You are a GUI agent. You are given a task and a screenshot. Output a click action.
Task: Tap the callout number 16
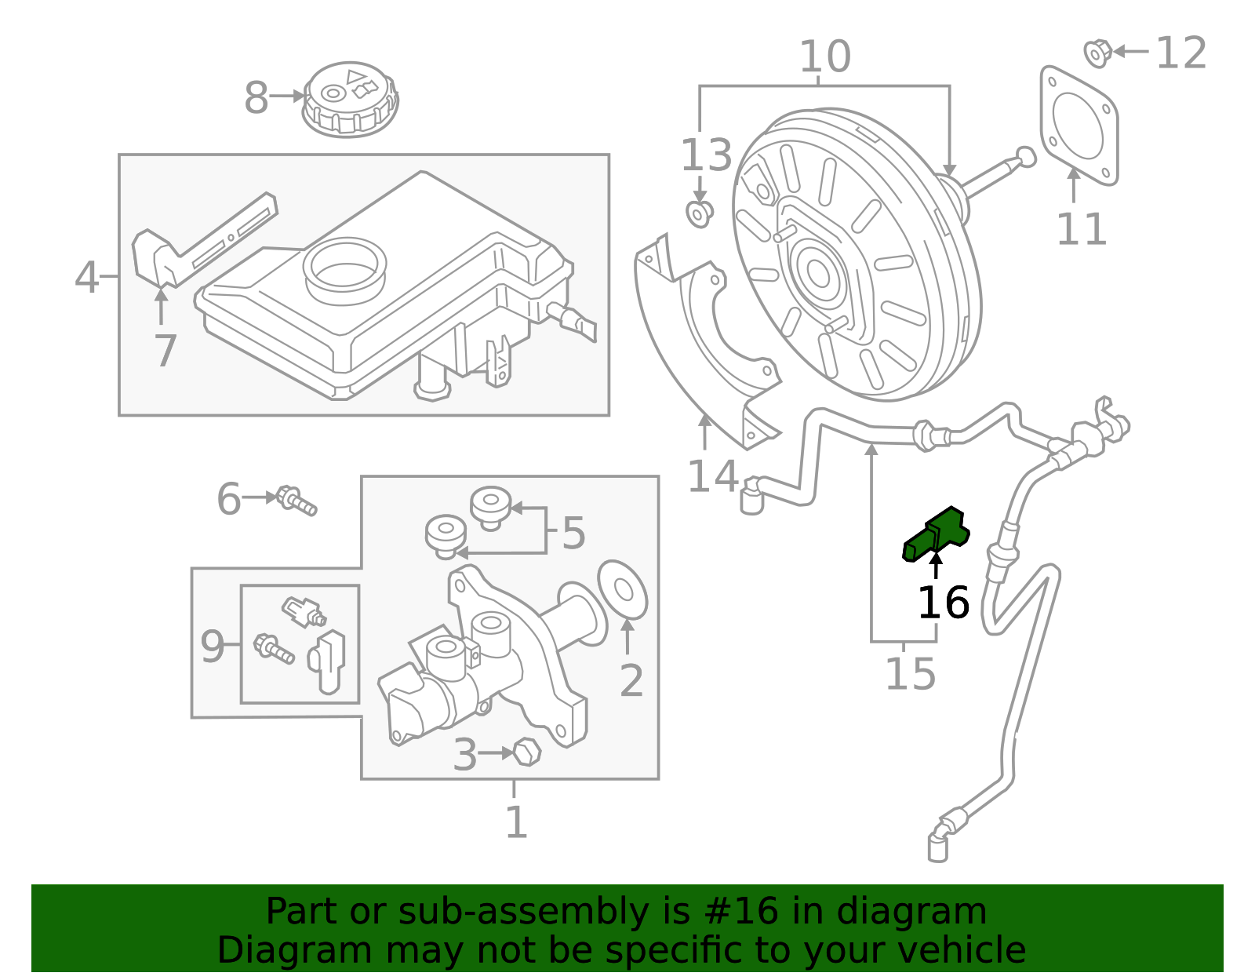944,603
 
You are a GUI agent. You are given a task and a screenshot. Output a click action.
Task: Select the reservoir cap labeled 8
350,98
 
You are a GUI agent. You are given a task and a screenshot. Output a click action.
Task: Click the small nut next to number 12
1097,53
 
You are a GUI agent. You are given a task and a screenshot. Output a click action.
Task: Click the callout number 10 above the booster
824,56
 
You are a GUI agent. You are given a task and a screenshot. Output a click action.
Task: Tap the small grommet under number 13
698,213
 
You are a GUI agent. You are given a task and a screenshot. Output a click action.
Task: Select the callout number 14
712,476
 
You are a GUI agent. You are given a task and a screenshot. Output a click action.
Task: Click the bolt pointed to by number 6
296,500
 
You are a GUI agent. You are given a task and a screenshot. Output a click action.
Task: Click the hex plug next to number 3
527,752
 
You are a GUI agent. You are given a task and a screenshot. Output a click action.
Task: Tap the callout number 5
573,534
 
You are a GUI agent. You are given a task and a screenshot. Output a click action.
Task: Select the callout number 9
212,647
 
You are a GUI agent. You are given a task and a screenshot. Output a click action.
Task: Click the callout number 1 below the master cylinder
515,823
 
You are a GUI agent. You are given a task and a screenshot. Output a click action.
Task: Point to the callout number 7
165,350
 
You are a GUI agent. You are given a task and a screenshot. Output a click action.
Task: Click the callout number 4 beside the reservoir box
86,278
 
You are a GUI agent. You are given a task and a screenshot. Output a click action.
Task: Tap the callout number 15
910,674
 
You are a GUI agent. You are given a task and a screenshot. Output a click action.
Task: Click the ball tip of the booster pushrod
1025,156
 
